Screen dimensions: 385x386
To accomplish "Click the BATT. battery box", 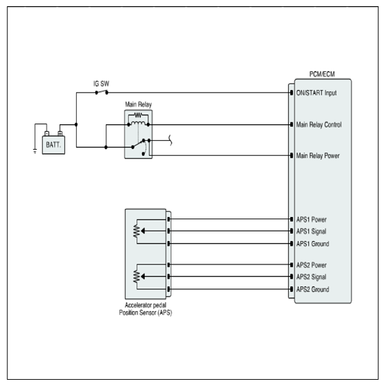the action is coord(54,145).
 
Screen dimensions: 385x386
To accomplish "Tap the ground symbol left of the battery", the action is coord(35,152).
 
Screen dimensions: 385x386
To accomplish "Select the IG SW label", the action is coord(102,84).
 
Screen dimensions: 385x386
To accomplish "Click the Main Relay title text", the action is coord(138,104).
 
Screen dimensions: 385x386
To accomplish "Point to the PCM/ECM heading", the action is coord(322,74).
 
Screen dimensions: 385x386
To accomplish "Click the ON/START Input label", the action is coord(316,93).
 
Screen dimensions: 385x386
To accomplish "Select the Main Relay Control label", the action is coord(319,124).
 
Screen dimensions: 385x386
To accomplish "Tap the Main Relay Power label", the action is coord(318,156).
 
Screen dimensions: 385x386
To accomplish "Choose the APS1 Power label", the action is coord(312,219).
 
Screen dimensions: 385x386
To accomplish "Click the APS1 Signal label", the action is coord(311,231).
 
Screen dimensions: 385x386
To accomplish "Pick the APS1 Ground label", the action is coord(313,244).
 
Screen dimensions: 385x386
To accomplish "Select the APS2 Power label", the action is coord(312,265).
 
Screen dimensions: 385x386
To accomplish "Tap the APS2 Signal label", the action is coord(311,277).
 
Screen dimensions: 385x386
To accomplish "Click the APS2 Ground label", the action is coord(313,289).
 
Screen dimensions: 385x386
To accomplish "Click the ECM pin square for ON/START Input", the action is coord(292,93).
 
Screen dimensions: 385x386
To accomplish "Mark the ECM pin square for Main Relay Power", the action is coord(292,156).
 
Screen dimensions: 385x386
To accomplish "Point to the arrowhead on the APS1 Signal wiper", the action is coord(143,231).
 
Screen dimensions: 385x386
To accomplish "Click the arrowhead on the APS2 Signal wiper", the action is coord(143,277).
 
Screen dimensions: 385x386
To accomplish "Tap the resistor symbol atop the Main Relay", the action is coord(138,115).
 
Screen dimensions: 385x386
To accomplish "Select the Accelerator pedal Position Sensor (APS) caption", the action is coord(145,309).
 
